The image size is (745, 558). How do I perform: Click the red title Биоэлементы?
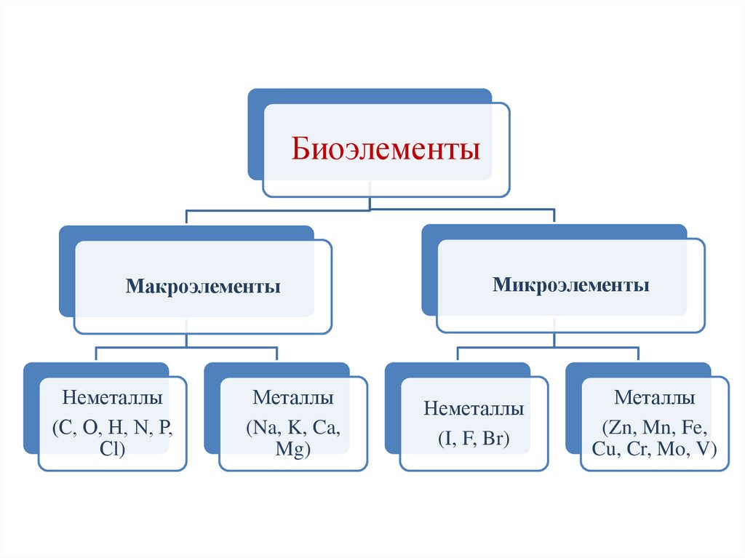pyautogui.click(x=386, y=151)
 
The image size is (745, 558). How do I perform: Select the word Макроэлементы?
pyautogui.click(x=203, y=286)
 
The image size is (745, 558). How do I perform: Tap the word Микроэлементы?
pyautogui.click(x=571, y=284)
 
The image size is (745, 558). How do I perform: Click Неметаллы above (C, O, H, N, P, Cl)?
pyautogui.click(x=112, y=399)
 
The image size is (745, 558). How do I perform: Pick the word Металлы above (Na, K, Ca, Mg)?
pyautogui.click(x=293, y=399)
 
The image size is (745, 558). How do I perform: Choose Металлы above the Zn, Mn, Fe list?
pyautogui.click(x=655, y=398)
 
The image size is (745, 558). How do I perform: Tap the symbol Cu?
pyautogui.click(x=604, y=449)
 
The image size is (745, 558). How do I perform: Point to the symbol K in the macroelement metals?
pyautogui.click(x=295, y=426)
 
